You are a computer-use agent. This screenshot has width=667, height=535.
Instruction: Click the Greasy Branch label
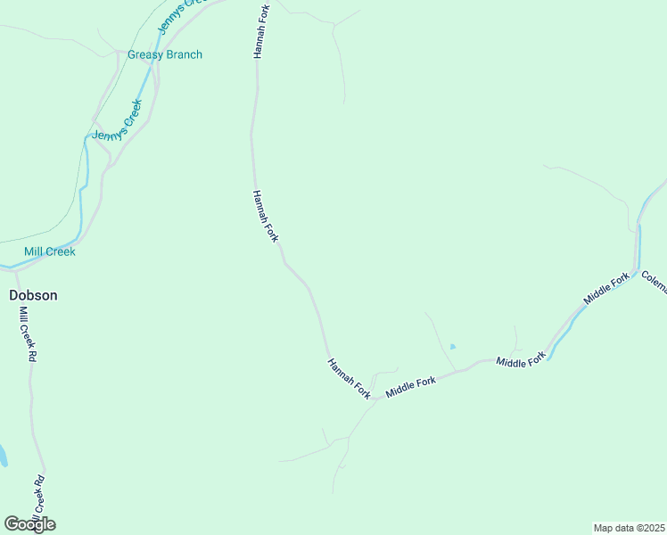[x=165, y=54]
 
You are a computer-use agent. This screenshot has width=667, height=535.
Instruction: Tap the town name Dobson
[x=33, y=294]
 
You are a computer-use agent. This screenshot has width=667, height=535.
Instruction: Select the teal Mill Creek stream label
[x=50, y=251]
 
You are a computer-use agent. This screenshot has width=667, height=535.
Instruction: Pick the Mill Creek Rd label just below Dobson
[x=28, y=333]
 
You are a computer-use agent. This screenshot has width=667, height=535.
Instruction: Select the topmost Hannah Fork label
[x=260, y=31]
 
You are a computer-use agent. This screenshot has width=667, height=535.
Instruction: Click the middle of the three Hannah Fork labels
[x=266, y=216]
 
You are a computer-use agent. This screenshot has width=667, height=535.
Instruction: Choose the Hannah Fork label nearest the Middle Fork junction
[x=349, y=379]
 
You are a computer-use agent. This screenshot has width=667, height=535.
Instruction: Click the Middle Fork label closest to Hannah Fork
[x=410, y=387]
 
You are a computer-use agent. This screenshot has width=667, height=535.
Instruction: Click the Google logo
[x=29, y=524]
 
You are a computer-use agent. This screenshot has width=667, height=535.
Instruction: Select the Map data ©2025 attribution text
[x=630, y=528]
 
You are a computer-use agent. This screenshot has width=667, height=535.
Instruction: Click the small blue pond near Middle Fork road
[x=453, y=346]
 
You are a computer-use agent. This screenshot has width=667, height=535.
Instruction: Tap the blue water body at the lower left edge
[x=3, y=456]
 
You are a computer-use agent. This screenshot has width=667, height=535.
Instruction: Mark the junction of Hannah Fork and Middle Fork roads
[x=375, y=398]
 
